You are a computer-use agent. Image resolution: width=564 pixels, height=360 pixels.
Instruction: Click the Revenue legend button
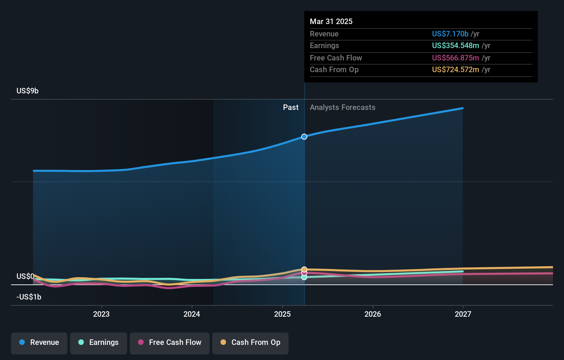39,342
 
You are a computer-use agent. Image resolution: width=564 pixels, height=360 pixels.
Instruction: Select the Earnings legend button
99,342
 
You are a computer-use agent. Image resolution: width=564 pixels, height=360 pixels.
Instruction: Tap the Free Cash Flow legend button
170,342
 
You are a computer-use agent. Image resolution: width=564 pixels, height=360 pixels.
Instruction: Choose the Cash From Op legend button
250,342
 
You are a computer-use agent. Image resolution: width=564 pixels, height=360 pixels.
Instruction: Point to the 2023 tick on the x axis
101,314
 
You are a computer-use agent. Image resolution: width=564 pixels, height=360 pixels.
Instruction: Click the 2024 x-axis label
192,314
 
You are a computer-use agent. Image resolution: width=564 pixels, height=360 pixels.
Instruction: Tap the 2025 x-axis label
282,314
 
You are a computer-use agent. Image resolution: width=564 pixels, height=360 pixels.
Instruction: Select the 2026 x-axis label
373,314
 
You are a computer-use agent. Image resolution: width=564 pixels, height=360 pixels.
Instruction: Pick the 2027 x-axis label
463,314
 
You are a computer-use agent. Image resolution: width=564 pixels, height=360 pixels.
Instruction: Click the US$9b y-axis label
27,91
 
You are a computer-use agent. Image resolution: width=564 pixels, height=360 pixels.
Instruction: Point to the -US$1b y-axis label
29,297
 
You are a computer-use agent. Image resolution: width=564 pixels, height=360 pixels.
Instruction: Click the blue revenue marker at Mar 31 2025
304,137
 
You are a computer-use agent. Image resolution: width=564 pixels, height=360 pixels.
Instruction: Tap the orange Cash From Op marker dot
304,269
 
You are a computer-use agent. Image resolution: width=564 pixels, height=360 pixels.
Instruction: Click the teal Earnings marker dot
304,277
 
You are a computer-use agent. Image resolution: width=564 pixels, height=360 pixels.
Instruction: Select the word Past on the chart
291,108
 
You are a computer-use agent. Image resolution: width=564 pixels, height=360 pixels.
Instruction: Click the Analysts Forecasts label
342,108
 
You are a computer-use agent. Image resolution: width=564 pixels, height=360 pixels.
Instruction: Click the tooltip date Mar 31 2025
331,21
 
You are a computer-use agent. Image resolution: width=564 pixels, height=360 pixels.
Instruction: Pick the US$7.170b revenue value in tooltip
450,34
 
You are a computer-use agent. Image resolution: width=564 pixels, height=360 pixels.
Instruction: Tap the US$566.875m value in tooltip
455,58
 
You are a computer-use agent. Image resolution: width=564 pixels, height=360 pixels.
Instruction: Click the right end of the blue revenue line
463,108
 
